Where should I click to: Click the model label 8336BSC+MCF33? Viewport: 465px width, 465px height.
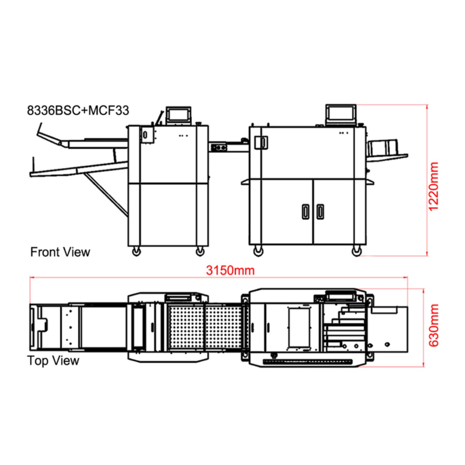78,111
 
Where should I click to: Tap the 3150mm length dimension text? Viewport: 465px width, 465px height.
230,271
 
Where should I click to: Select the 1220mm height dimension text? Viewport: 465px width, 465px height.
433,186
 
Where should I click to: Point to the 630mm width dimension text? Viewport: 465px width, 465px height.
433,325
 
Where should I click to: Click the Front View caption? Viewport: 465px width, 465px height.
60,252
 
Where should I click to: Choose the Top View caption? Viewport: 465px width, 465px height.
53,361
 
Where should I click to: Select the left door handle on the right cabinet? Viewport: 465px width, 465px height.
306,212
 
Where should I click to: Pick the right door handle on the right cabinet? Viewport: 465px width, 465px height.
320,212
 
